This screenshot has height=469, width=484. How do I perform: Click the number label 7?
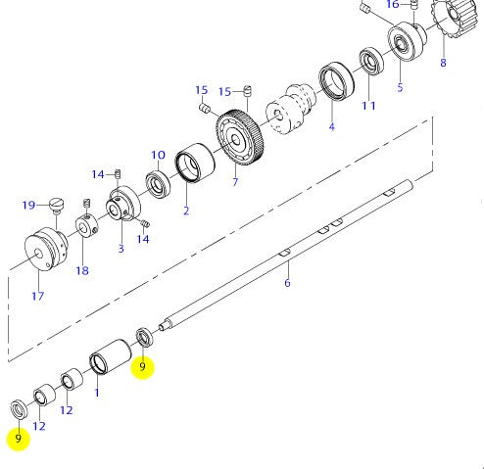tap(234, 183)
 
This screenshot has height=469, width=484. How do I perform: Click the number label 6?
tap(287, 283)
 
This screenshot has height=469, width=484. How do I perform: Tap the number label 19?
tap(29, 206)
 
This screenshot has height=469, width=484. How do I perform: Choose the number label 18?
tap(81, 271)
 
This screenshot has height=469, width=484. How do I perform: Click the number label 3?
tap(121, 249)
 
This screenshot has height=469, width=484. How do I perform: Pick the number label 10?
tap(158, 155)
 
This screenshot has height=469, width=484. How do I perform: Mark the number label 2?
tap(185, 210)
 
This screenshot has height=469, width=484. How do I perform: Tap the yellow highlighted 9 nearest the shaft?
tap(143, 367)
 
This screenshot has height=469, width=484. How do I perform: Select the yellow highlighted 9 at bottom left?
tap(18, 439)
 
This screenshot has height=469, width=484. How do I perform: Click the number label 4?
tap(331, 126)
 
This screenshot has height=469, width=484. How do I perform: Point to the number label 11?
tap(368, 105)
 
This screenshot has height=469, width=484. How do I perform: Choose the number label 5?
tap(400, 87)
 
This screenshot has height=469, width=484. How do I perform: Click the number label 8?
tap(443, 64)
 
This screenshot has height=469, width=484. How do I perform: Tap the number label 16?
tap(392, 5)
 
